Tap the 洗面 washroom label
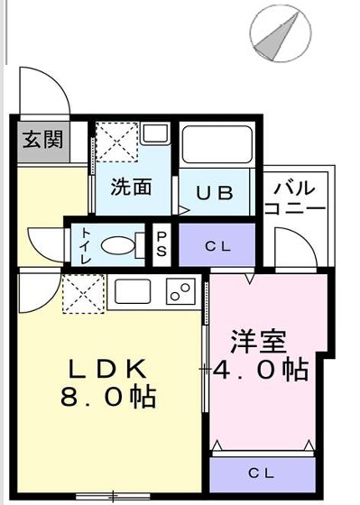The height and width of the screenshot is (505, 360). (131, 188)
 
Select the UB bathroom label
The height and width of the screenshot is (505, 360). (216, 192)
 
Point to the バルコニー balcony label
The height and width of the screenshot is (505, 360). (295, 197)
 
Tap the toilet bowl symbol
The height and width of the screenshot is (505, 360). (116, 244)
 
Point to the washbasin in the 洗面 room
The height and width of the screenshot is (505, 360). (154, 134)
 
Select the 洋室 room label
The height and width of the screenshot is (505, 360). (259, 343)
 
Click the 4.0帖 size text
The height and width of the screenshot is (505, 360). (262, 370)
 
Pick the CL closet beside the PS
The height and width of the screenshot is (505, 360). (217, 244)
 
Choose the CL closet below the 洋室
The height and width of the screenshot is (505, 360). (261, 473)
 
